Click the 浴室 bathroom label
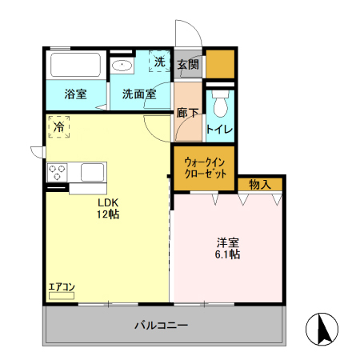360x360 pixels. [76, 94]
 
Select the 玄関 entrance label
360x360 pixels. [188, 64]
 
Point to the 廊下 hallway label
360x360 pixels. [188, 113]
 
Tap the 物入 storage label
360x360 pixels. [260, 185]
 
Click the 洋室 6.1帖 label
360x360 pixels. [227, 247]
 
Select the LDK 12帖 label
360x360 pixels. [109, 208]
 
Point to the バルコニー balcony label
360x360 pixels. [161, 326]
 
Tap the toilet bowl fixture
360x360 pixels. [219, 103]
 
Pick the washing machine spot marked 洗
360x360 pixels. [159, 62]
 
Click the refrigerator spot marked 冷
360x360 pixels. [58, 126]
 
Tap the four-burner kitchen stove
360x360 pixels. [57, 172]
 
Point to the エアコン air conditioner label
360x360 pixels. [62, 287]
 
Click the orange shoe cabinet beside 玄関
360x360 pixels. [220, 63]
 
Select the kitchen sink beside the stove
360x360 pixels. [90, 172]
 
